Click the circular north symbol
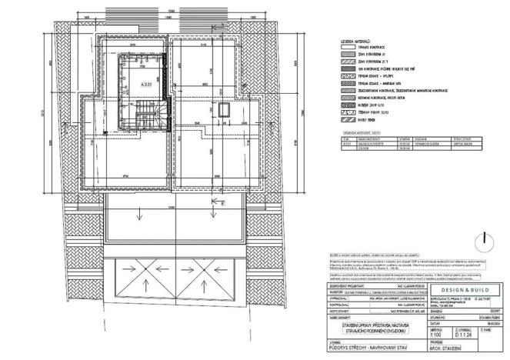tap(483, 242)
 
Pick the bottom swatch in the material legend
tap(346, 119)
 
